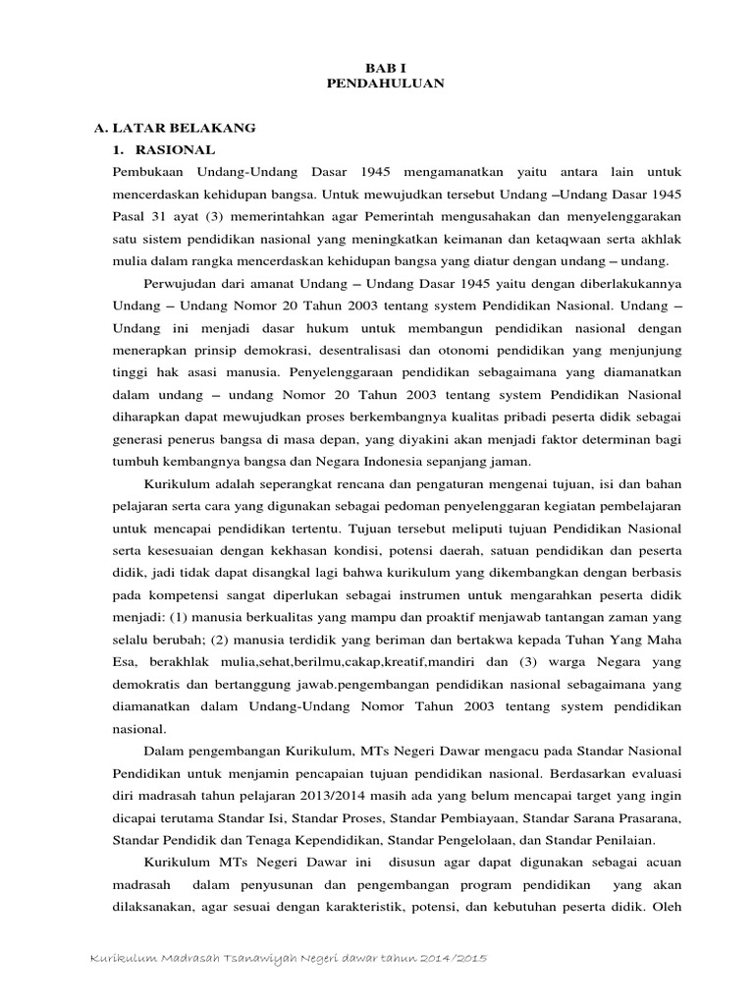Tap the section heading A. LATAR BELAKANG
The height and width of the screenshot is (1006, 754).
coord(175,128)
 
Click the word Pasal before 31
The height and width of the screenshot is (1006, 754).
coord(133,216)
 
